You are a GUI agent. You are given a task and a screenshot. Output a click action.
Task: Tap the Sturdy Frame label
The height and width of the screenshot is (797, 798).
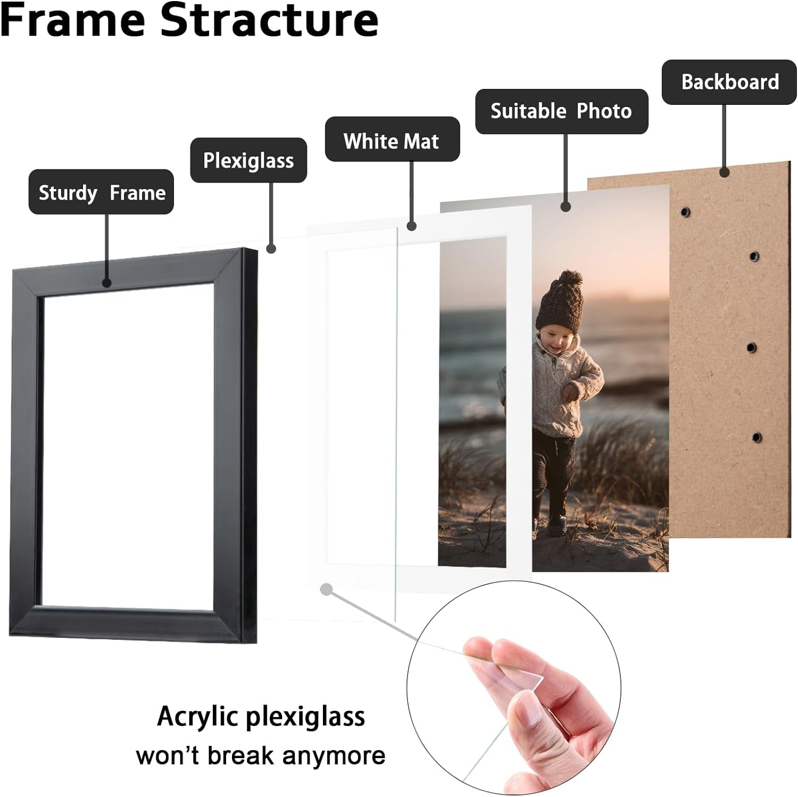click(x=101, y=192)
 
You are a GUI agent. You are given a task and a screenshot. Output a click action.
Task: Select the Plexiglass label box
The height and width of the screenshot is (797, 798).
click(x=248, y=160)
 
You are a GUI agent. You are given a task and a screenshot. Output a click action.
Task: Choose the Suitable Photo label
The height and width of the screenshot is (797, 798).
click(x=561, y=111)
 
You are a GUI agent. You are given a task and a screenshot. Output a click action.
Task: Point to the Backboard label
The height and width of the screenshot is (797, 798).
click(x=729, y=82)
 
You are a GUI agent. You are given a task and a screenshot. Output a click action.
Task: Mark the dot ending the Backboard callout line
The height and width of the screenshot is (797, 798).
click(x=724, y=172)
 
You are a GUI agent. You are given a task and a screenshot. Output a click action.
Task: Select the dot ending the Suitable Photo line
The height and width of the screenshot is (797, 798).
click(x=566, y=207)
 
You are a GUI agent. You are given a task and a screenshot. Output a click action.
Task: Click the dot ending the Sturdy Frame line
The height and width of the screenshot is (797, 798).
click(x=106, y=283)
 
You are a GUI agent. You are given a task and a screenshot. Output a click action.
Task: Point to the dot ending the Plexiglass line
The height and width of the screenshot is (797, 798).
click(x=271, y=248)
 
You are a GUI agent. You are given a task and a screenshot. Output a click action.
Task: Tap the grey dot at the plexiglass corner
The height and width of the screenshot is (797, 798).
click(x=327, y=589)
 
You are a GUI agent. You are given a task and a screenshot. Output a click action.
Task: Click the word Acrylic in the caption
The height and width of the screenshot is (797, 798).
click(x=194, y=717)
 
